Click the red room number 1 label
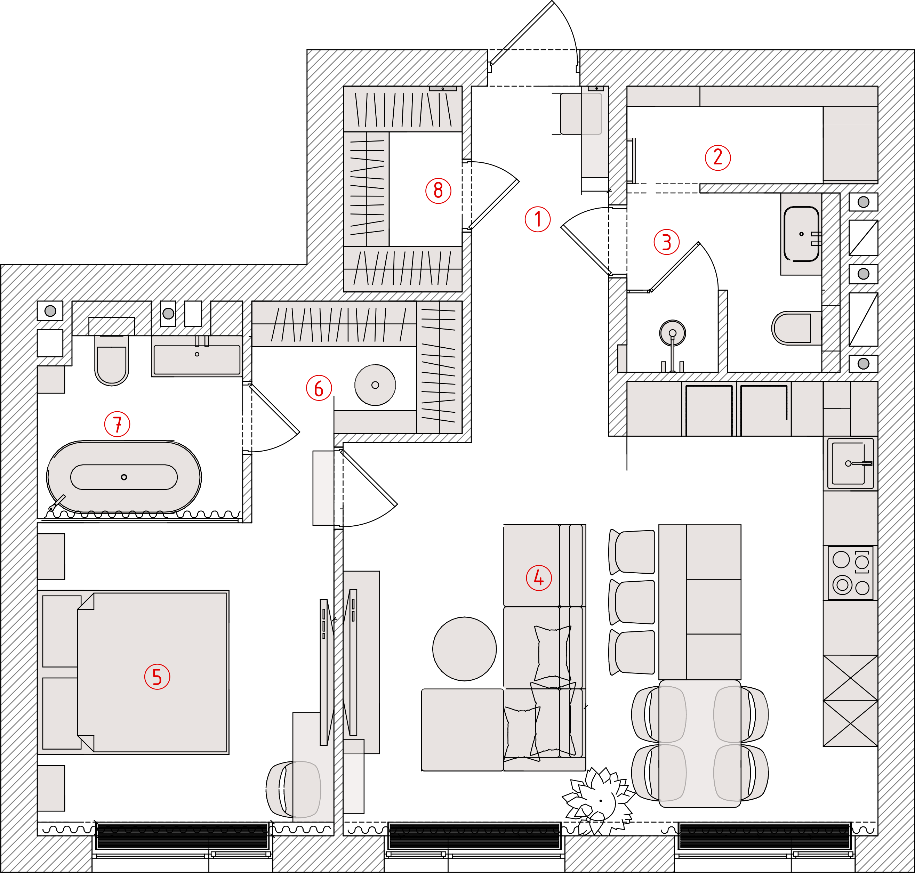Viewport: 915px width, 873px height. (x=538, y=219)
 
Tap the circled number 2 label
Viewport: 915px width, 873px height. (x=718, y=157)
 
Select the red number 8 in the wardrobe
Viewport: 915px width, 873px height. (x=439, y=190)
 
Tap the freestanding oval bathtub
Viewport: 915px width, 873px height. (x=124, y=477)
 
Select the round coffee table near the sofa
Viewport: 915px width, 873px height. (x=465, y=649)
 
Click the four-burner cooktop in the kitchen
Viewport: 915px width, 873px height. (x=850, y=573)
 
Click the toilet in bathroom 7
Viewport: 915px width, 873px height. (x=112, y=361)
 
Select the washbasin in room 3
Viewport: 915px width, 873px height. (x=801, y=234)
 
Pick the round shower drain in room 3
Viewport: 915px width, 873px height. (x=673, y=333)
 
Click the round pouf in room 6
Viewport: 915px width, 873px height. (x=375, y=385)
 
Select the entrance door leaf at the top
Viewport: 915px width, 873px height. (x=521, y=33)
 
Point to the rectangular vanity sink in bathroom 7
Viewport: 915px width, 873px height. (x=197, y=359)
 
